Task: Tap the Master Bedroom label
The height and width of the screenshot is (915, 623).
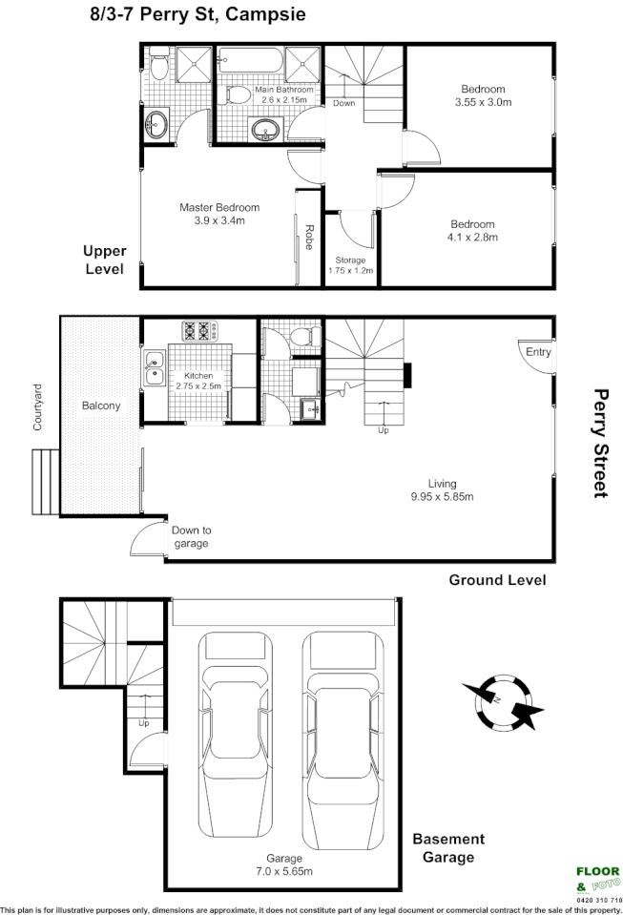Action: (219, 207)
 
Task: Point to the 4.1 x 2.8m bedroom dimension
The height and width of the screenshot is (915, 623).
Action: (473, 238)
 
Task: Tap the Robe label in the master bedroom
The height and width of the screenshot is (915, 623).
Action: (310, 236)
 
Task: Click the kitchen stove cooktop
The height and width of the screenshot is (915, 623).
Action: (201, 331)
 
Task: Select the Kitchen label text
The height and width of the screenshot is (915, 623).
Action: (198, 376)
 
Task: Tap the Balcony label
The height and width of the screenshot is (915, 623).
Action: (100, 406)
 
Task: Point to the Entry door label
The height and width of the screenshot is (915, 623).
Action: (538, 352)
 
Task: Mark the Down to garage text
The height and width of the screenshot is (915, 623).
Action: (191, 536)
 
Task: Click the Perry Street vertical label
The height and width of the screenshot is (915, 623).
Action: (600, 442)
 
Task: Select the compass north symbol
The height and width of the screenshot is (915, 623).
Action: (501, 701)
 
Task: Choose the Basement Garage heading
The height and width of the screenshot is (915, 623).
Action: (448, 847)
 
